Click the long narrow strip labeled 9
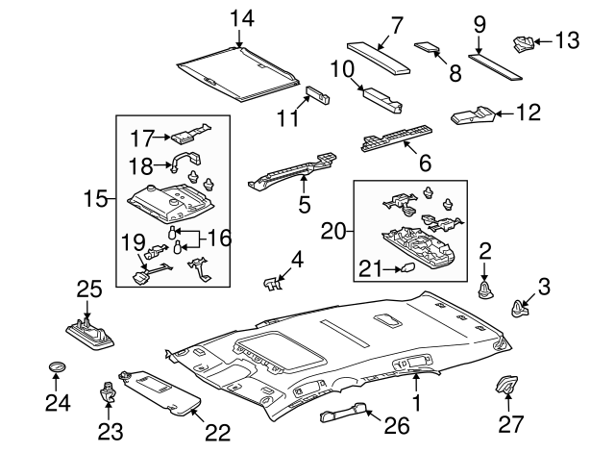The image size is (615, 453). pyautogui.click(x=498, y=63)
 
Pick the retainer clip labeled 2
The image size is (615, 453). pyautogui.click(x=485, y=288)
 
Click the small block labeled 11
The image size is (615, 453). pyautogui.click(x=317, y=94)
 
